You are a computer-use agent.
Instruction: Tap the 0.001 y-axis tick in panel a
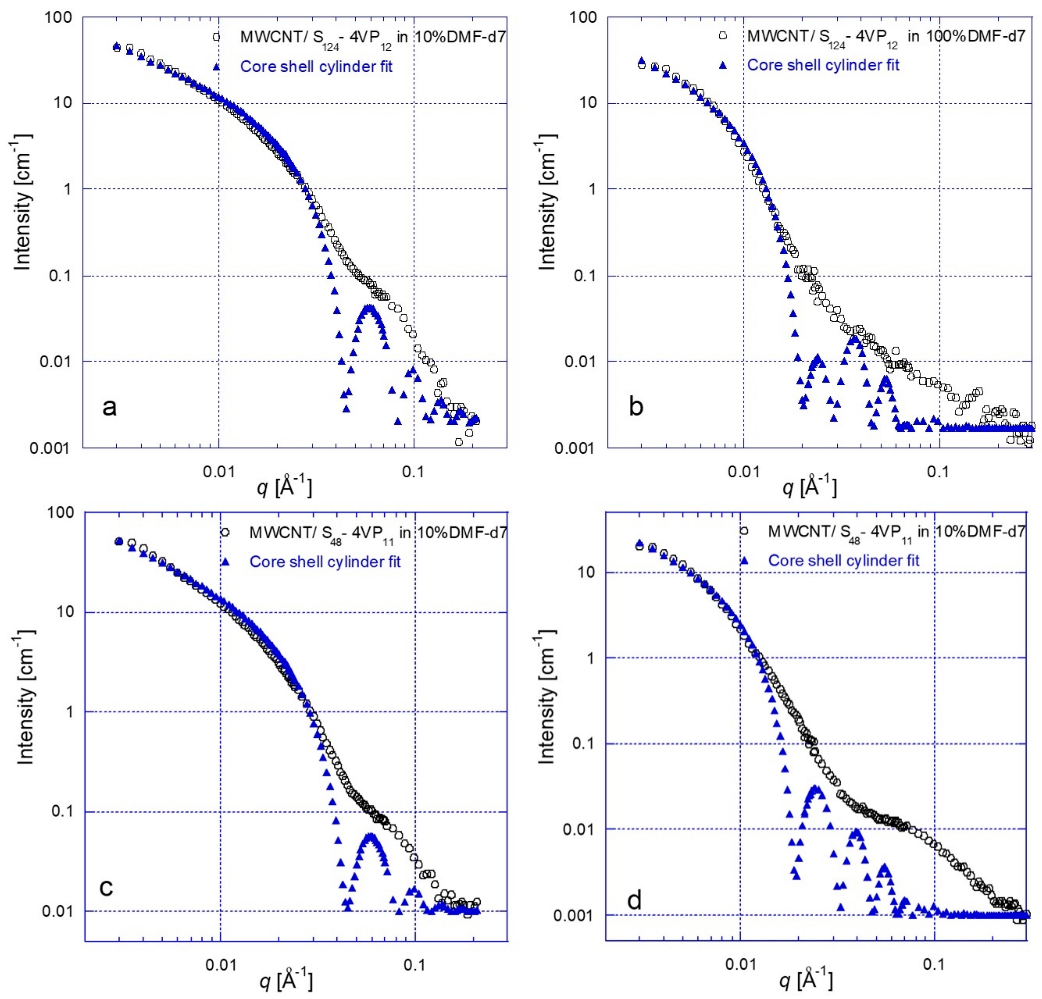(55, 448)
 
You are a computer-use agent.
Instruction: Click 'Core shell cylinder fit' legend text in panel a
(316, 67)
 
